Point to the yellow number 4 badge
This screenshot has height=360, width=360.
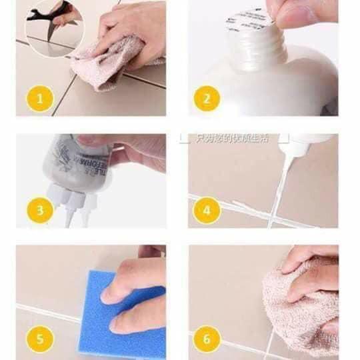coord(207,211)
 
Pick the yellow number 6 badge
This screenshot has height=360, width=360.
coord(207,339)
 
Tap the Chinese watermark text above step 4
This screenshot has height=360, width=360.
coord(223,138)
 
